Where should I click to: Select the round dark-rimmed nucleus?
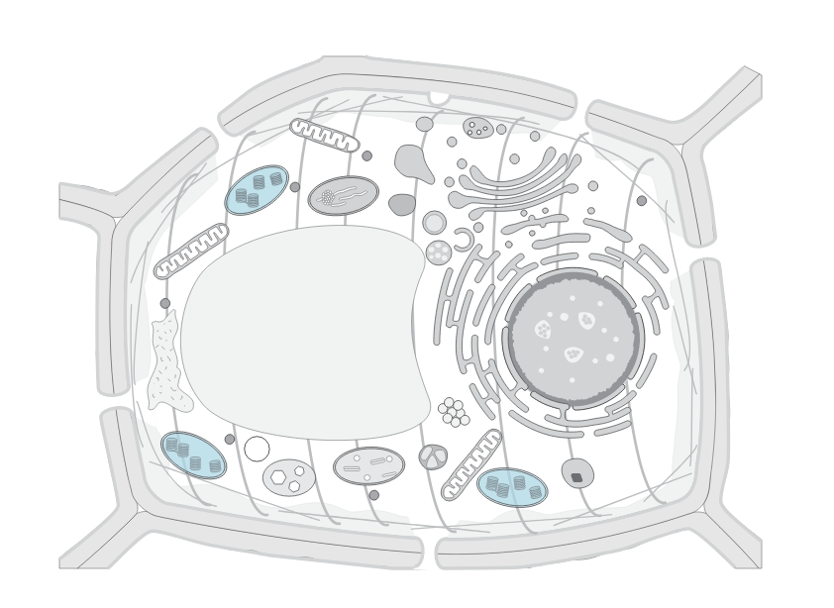click(573, 338)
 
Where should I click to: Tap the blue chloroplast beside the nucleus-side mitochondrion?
click(511, 486)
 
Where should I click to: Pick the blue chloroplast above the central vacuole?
click(257, 189)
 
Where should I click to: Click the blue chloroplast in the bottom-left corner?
click(193, 455)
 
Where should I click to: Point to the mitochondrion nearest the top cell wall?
click(324, 135)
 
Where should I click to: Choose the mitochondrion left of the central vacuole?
click(191, 251)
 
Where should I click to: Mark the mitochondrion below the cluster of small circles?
click(471, 463)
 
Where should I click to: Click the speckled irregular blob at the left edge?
click(164, 360)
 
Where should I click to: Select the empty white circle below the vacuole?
click(257, 449)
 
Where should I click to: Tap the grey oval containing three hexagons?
click(289, 477)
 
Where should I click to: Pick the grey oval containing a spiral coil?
click(343, 195)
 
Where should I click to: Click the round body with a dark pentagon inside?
click(577, 473)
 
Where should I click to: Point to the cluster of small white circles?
click(453, 412)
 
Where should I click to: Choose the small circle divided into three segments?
click(433, 456)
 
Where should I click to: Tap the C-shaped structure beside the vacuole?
click(464, 238)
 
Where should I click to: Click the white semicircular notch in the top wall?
click(439, 97)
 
